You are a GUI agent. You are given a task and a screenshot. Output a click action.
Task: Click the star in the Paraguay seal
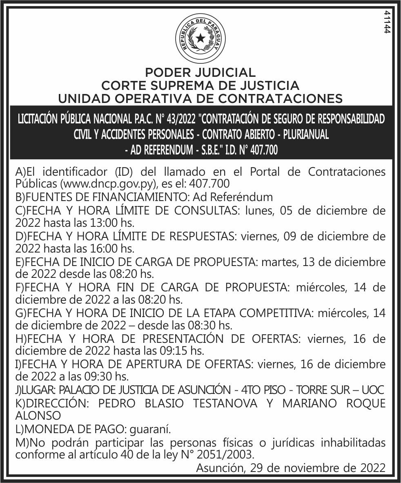(x=200, y=38)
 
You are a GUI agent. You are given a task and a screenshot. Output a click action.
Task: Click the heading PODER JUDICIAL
(x=200, y=73)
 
